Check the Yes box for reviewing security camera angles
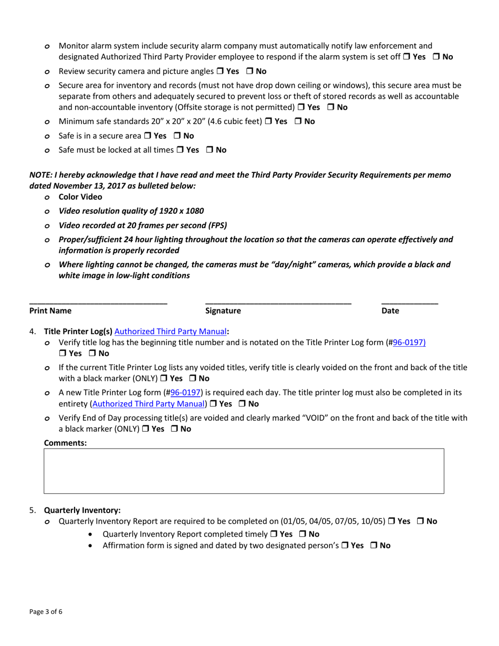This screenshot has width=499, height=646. (220, 71)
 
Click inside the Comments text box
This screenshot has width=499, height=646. (244, 471)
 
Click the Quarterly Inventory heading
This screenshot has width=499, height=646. (82, 510)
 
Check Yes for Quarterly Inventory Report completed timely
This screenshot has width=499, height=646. (274, 534)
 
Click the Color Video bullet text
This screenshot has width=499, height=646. (80, 197)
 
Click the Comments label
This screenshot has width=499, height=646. (65, 443)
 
